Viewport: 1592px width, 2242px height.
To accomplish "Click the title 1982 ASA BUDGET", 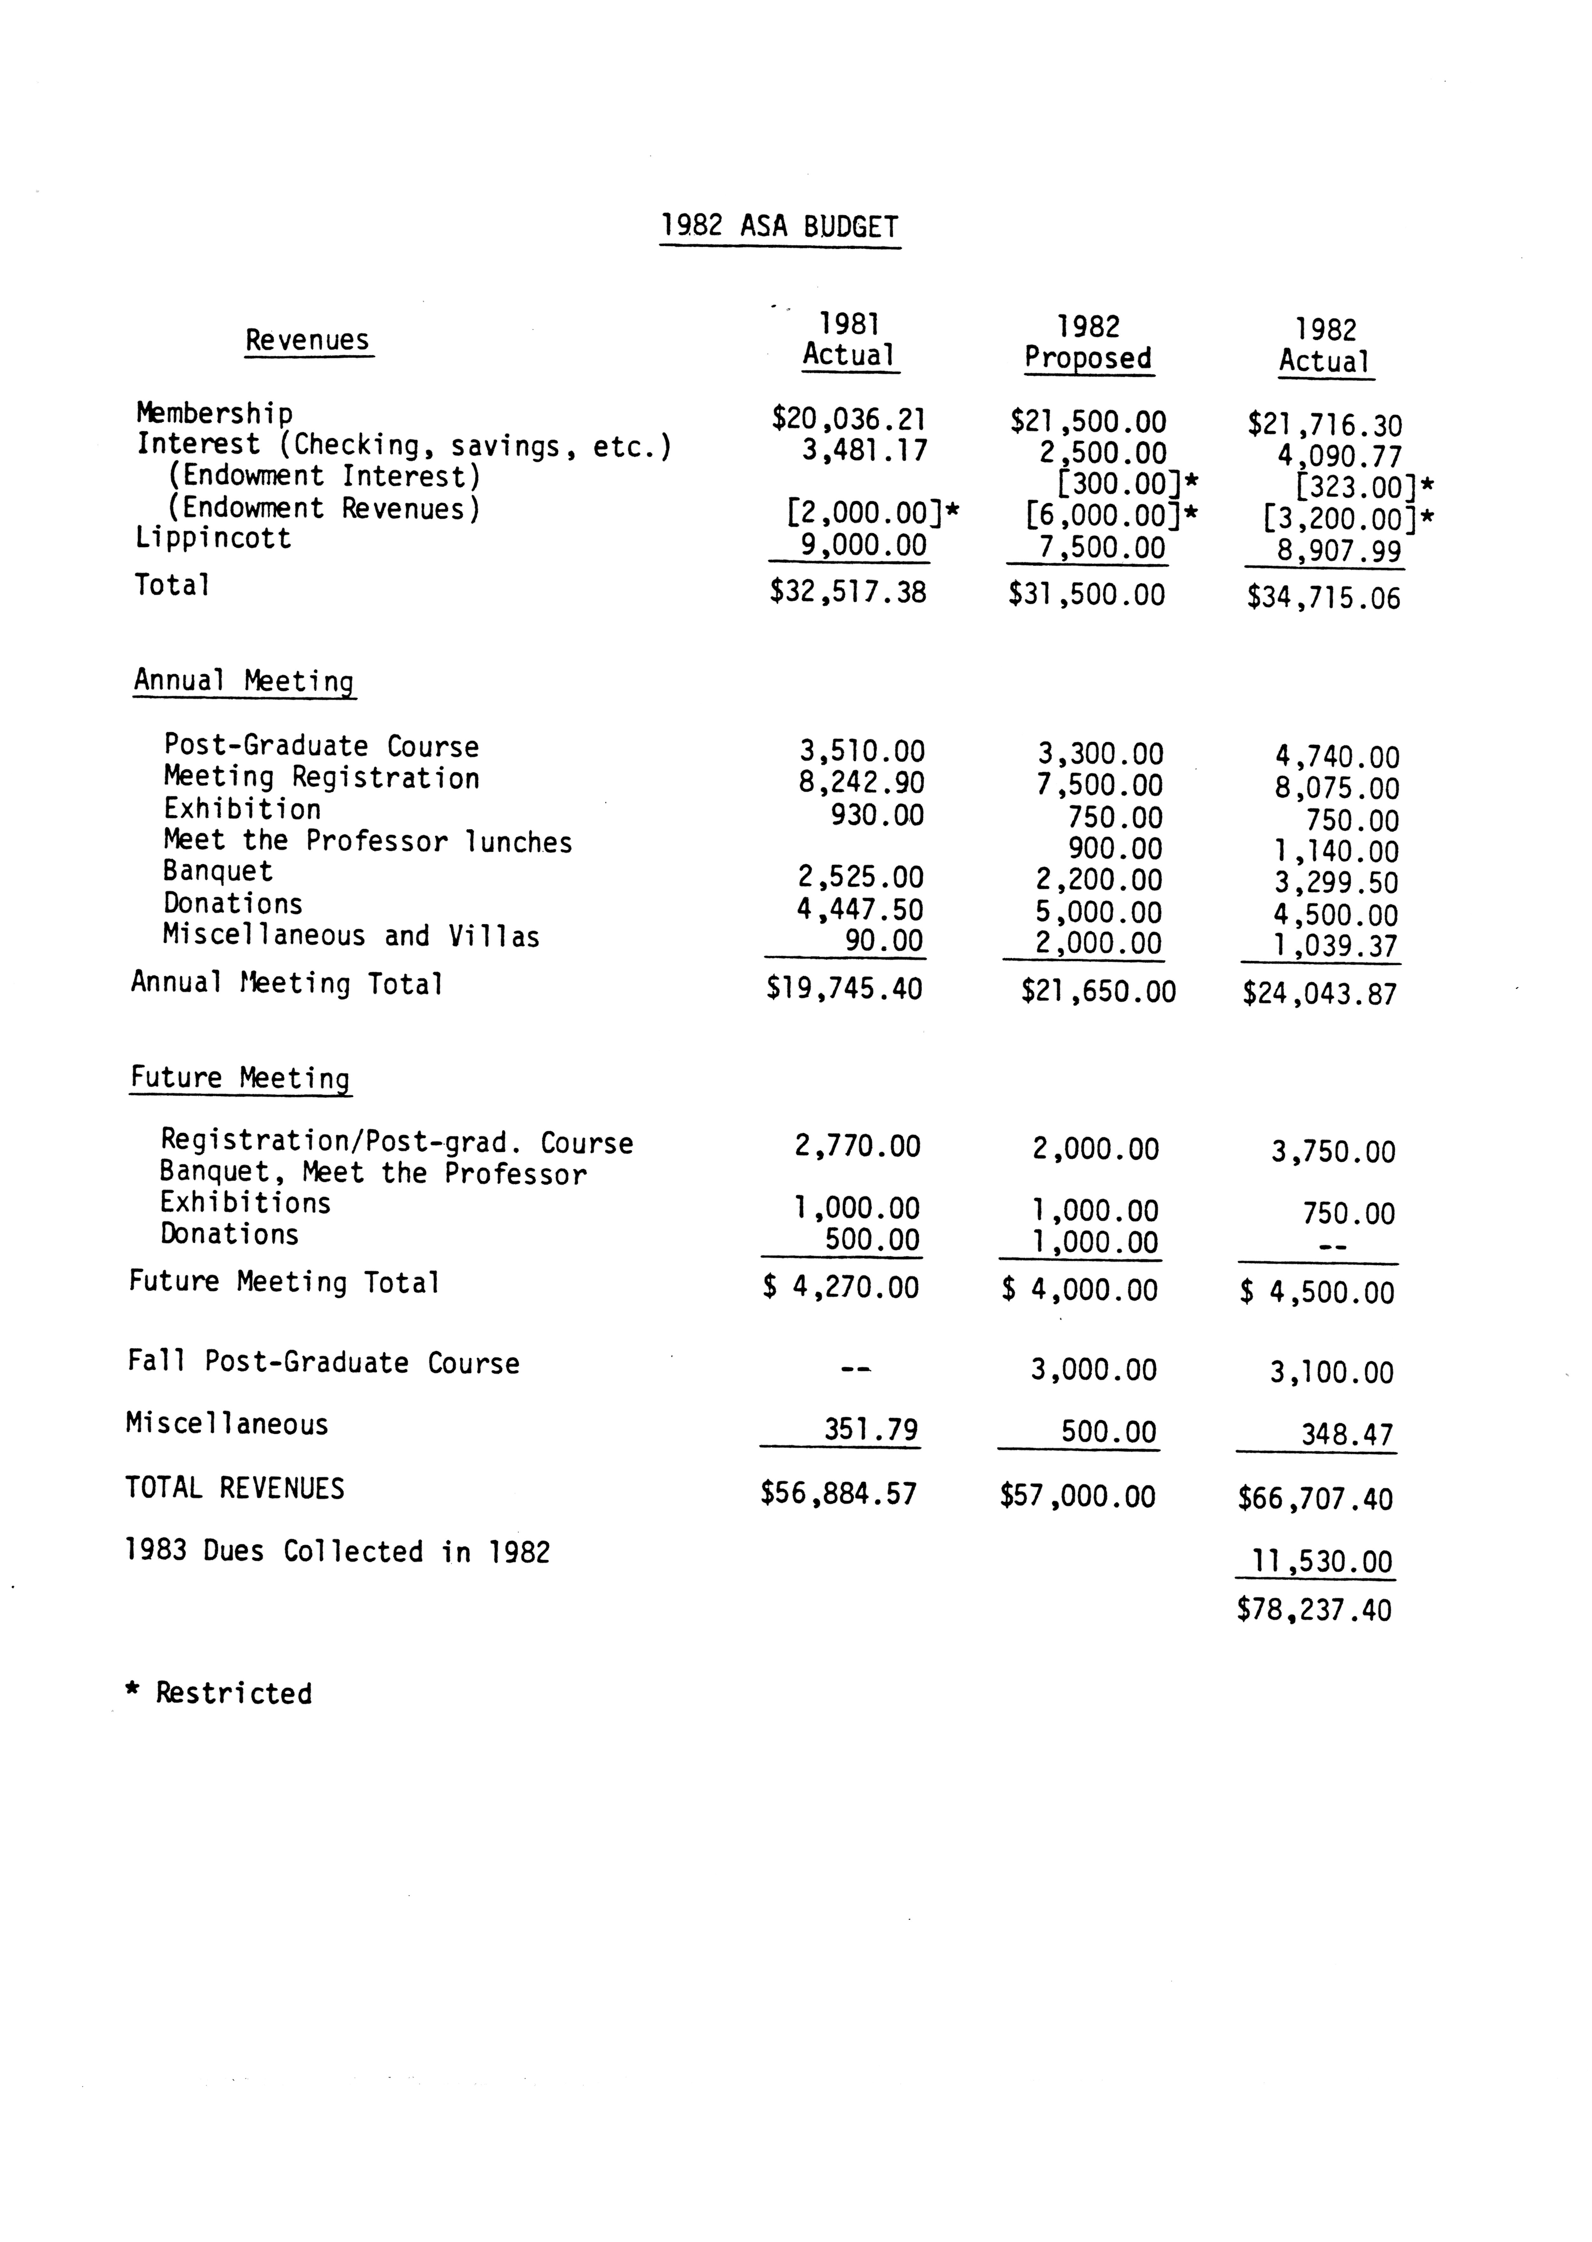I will (779, 227).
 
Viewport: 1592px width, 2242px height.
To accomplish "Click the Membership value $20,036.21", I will (849, 419).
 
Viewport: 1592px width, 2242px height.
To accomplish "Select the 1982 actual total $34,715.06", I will (1324, 598).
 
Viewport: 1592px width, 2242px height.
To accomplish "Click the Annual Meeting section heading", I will (244, 680).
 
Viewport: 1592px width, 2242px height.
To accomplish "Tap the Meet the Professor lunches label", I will (368, 841).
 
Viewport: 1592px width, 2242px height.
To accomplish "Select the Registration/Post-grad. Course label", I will (397, 1142).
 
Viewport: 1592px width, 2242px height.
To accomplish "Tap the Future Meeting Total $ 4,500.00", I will (1317, 1292).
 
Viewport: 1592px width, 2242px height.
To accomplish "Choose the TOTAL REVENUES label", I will (235, 1488).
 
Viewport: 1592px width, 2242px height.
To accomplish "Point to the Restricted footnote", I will (220, 1693).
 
